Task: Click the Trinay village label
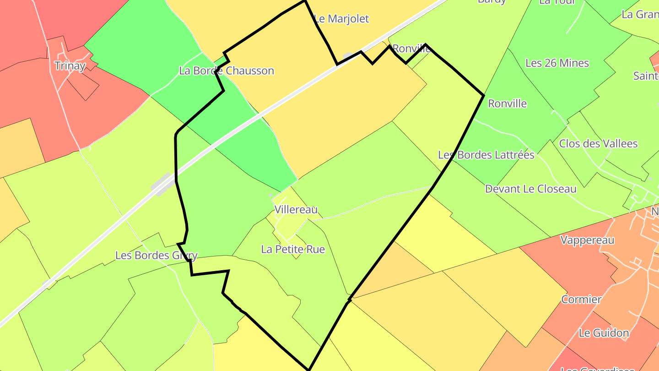(70, 65)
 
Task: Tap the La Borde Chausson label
(227, 71)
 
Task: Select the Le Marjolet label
(341, 19)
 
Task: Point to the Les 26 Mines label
(557, 63)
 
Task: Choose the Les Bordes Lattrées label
(486, 155)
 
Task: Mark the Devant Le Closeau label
(530, 189)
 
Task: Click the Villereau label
(296, 210)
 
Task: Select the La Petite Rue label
(293, 249)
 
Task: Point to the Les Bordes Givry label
(156, 255)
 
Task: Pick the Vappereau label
(587, 240)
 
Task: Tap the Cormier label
(581, 300)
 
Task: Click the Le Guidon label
(604, 333)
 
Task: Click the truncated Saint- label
(646, 76)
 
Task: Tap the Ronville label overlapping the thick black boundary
(411, 49)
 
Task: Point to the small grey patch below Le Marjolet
(348, 56)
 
